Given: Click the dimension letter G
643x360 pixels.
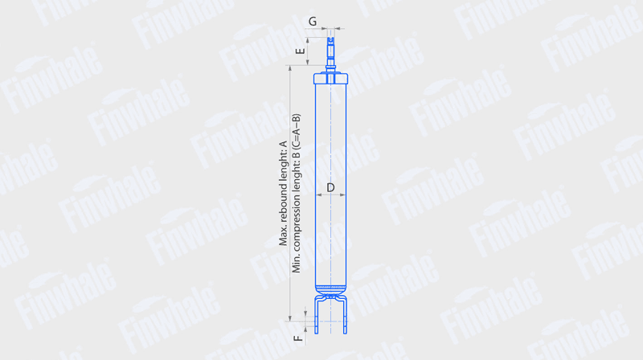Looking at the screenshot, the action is tap(313, 22).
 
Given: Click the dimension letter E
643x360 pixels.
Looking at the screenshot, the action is tap(301, 51).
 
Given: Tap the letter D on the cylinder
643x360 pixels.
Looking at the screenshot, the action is tap(330, 188).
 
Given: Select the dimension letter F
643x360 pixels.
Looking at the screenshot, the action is tap(298, 338).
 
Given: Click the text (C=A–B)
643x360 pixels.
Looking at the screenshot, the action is tap(296, 130).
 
